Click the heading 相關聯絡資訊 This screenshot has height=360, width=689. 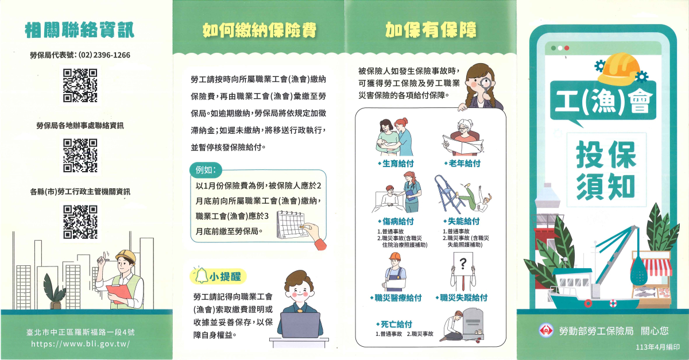click(x=79, y=30)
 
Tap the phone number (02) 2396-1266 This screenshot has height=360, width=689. click(x=104, y=55)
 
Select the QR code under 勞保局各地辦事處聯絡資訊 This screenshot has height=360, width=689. click(x=80, y=156)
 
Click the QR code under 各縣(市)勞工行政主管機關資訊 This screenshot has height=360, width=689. click(x=80, y=222)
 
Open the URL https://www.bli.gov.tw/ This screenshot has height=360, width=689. click(x=80, y=344)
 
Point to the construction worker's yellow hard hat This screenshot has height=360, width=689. click(x=126, y=256)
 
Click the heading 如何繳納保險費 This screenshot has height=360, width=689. click(x=260, y=30)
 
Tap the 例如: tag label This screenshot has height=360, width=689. click(x=206, y=170)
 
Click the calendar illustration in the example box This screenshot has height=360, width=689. click(x=291, y=225)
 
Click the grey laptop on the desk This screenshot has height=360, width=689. click(x=300, y=325)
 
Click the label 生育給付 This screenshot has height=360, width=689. click(x=396, y=164)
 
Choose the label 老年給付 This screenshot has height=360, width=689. click(x=462, y=164)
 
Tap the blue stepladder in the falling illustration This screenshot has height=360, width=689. click(x=448, y=195)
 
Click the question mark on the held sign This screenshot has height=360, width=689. click(x=463, y=264)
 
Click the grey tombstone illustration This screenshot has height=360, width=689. click(x=473, y=324)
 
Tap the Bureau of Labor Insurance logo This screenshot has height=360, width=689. click(x=546, y=331)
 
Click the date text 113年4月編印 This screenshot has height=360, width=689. click(x=657, y=347)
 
